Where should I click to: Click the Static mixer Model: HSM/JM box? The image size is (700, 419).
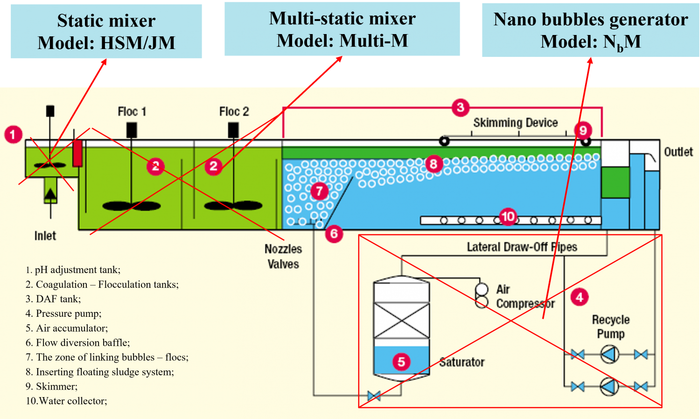[106, 31]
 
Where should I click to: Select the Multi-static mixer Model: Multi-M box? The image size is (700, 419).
[342, 29]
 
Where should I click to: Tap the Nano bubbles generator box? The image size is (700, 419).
[590, 30]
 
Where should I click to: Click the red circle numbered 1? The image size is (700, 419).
[13, 134]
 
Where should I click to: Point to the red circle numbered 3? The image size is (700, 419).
[460, 107]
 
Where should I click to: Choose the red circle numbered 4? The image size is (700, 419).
[579, 297]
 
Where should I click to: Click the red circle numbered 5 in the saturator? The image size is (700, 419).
[401, 362]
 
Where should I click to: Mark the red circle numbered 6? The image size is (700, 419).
[334, 233]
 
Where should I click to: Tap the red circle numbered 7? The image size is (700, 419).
[319, 191]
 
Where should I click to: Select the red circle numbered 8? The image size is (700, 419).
[434, 164]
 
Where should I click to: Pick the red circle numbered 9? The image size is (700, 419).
[583, 130]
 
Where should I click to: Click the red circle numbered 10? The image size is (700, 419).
[508, 216]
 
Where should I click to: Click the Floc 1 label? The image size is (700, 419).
[132, 112]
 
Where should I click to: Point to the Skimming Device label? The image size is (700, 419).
[515, 123]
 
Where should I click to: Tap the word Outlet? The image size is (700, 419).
[678, 152]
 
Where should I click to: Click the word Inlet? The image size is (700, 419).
[45, 236]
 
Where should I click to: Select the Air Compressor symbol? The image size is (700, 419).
[482, 296]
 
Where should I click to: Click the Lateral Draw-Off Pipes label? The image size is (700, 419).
[522, 247]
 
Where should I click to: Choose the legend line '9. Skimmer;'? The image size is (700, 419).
[52, 386]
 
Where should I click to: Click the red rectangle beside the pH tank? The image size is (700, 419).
[77, 153]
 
